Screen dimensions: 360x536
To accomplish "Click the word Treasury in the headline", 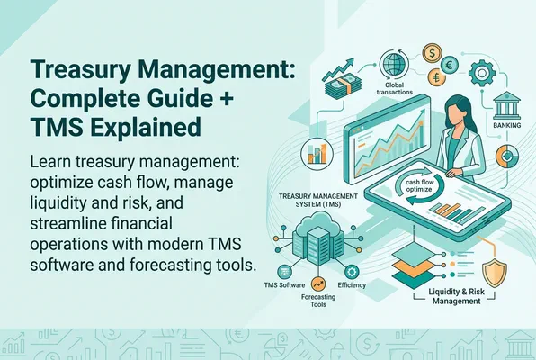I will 71,71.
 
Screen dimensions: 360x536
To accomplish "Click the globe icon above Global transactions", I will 395,67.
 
